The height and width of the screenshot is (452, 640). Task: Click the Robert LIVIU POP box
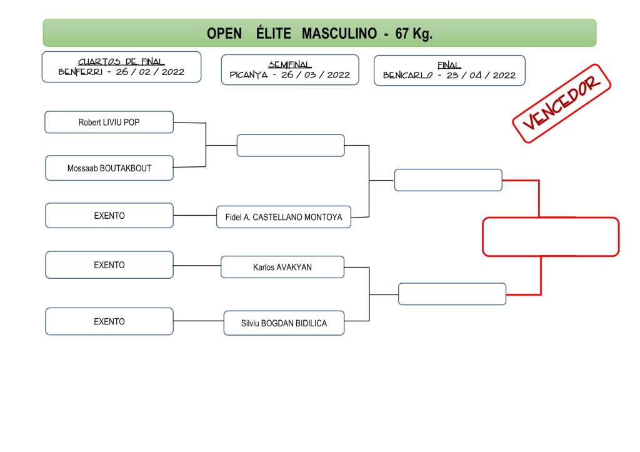coord(109,123)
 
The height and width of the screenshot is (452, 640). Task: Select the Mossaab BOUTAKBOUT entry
coord(109,168)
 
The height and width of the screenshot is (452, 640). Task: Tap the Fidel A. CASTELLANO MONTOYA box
coord(284,218)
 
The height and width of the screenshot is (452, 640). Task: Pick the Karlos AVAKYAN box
coord(282,267)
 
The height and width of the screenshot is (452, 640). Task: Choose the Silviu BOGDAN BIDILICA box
coord(284,323)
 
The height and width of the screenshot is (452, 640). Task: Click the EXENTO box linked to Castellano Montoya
coord(109,216)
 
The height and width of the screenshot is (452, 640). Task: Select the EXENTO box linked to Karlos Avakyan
coord(109,265)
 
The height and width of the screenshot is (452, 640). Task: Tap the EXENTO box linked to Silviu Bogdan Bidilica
coord(109,321)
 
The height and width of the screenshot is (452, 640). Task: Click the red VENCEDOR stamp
coord(561,103)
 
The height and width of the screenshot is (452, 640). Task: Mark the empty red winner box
coord(551,237)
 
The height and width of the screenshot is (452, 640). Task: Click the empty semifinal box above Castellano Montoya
coord(291,146)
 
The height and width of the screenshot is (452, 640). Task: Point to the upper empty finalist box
coord(448,180)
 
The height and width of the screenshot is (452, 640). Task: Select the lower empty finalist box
coord(452,294)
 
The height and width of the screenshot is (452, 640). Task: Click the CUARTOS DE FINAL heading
coord(121,62)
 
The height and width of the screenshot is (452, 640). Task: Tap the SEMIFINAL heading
coord(290,65)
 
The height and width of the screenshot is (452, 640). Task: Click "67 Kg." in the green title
coord(414,34)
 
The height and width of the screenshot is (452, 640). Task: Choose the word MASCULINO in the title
coord(339,34)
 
